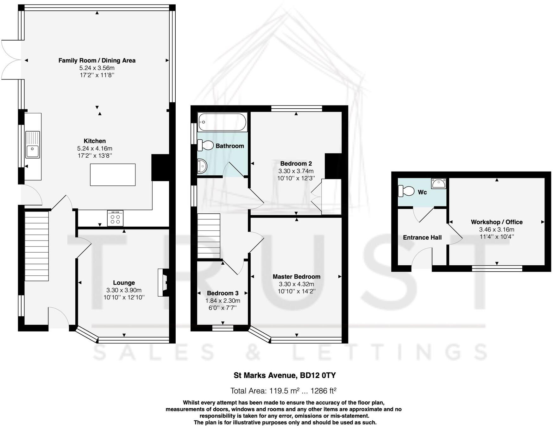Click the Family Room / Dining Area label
[97, 60]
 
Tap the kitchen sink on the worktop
[33, 151]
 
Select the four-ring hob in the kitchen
[115, 218]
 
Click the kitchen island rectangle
[113, 174]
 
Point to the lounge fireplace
[163, 282]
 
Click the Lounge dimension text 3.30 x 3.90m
[124, 290]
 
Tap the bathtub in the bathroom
[222, 122]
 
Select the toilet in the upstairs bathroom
[206, 145]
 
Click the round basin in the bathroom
[202, 166]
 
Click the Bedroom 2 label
[296, 164]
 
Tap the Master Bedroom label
[296, 277]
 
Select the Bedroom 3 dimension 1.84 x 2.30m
[223, 301]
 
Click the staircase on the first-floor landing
[209, 236]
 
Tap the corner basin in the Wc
[439, 183]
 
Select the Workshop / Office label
[496, 222]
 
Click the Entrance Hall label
[422, 237]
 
